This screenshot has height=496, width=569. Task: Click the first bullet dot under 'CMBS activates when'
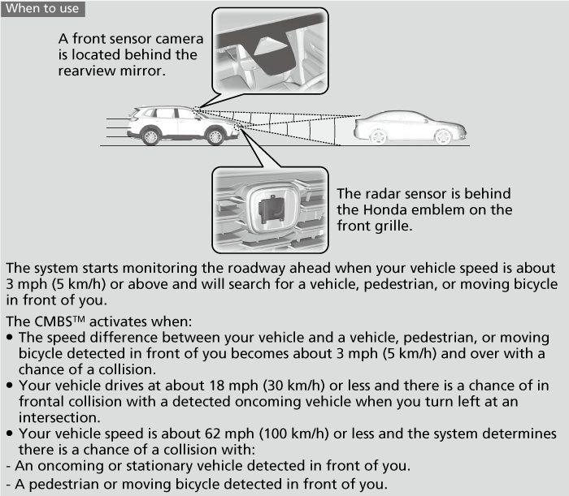tap(9, 337)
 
